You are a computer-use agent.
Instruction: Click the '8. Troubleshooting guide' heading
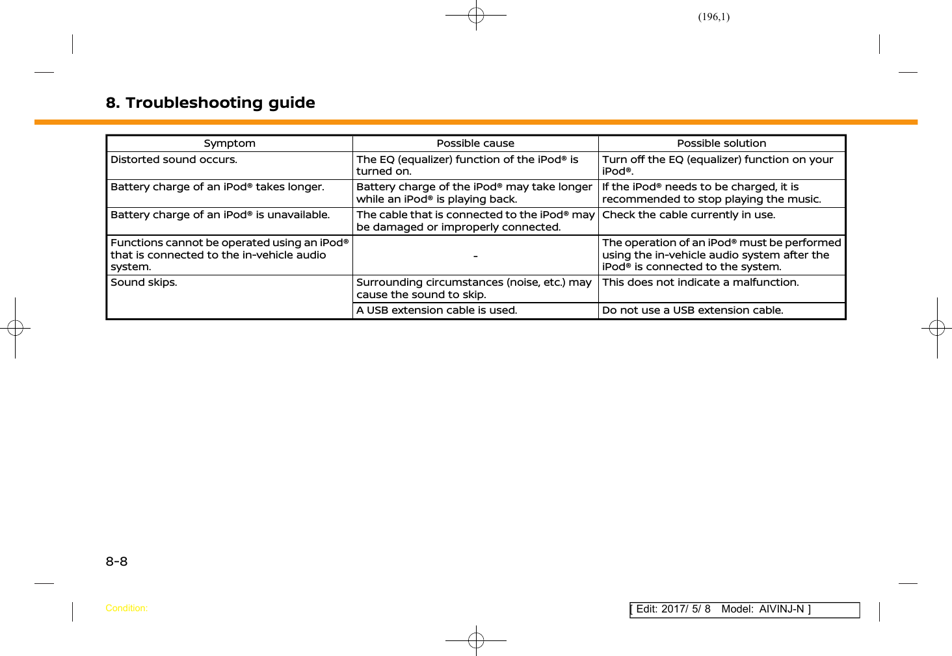(210, 103)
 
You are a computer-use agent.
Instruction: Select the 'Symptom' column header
(230, 144)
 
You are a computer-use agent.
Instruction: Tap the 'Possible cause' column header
(475, 144)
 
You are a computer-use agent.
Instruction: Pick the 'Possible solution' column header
(721, 144)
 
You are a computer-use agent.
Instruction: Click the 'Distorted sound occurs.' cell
(174, 160)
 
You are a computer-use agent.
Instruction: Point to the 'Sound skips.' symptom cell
(144, 283)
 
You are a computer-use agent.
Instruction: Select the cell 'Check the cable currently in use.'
(689, 215)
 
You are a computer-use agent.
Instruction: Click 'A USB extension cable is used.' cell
(437, 310)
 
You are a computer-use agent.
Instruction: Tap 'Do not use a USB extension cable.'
(693, 310)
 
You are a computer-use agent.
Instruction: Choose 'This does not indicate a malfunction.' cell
(700, 283)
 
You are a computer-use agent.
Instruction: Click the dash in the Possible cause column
(475, 256)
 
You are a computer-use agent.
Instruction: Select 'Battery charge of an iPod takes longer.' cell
(217, 187)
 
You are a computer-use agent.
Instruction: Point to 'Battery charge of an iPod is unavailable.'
(220, 215)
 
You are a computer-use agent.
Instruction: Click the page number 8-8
(117, 561)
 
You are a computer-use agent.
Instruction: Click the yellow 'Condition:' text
(126, 609)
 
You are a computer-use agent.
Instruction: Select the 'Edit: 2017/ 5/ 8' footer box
(673, 609)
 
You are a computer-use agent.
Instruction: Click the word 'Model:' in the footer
(737, 609)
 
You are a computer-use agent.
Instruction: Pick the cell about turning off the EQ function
(717, 166)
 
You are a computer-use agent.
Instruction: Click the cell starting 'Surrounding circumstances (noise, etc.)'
(473, 288)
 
